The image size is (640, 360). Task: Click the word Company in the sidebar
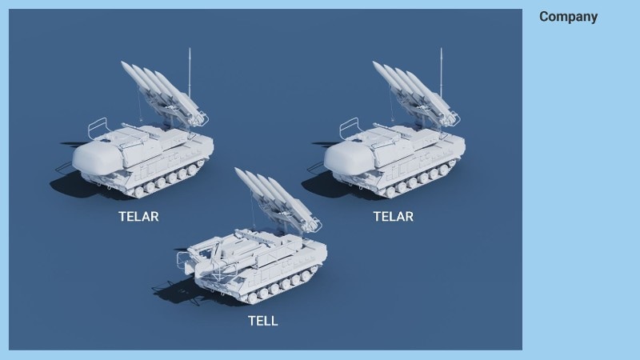(568, 17)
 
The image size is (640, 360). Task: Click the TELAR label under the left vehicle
(138, 216)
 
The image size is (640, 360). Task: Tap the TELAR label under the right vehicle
(393, 216)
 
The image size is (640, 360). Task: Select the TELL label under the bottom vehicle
(263, 321)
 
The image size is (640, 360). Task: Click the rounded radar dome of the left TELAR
(97, 157)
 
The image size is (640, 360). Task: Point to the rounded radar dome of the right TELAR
(349, 157)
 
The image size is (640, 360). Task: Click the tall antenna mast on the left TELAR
(190, 73)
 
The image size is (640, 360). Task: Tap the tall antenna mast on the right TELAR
(442, 73)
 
